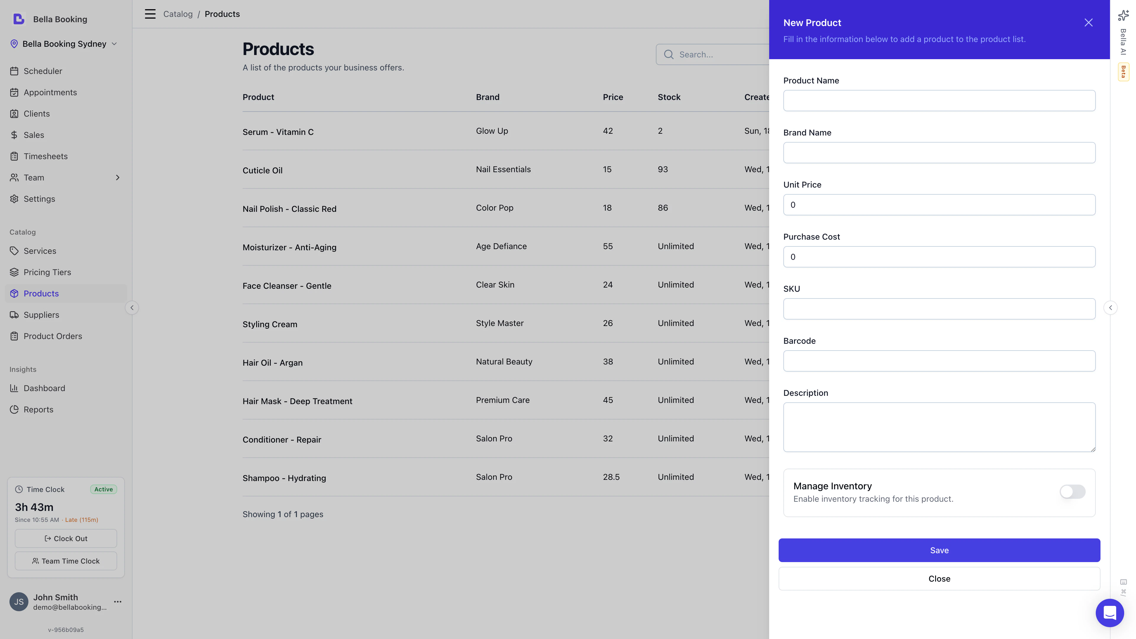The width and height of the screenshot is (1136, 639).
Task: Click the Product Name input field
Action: (939, 101)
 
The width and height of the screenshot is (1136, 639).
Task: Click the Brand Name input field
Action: (939, 153)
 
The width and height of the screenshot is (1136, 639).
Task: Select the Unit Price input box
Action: (939, 205)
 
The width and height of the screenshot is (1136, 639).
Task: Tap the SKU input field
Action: (939, 309)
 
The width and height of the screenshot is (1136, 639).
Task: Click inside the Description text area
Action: (939, 427)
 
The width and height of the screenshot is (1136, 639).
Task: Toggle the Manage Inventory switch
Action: (1072, 492)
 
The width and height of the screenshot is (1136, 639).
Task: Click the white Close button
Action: (939, 579)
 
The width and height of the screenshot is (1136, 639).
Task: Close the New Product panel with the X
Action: (1088, 22)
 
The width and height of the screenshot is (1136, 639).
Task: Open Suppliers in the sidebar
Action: (41, 315)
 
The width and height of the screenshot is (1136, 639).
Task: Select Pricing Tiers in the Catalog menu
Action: (47, 272)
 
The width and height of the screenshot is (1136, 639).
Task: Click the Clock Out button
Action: (66, 538)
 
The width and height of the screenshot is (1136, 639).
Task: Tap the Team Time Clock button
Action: (66, 561)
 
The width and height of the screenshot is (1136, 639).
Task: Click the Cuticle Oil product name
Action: (262, 170)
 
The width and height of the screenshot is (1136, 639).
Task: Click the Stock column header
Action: (669, 97)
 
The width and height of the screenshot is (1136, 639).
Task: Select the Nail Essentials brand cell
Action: (503, 169)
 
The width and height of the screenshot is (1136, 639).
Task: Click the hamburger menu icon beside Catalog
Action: (150, 14)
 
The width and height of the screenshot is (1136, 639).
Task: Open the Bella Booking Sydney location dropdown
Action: (64, 44)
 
